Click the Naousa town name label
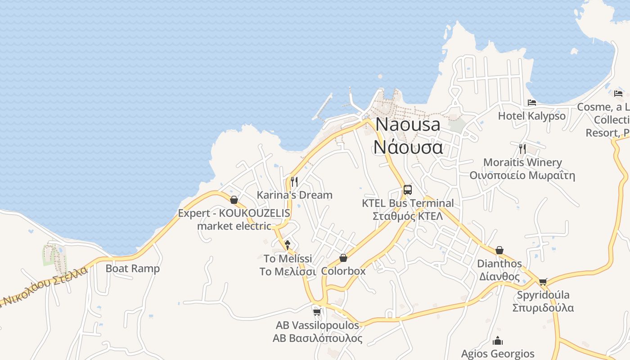(408, 125)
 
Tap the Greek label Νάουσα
(408, 147)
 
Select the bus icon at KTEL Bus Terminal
(408, 190)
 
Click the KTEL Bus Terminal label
(408, 203)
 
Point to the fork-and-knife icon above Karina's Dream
(294, 181)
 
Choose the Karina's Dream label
(294, 195)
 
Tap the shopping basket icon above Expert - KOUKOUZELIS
(234, 200)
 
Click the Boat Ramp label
(132, 269)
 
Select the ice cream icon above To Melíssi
(288, 245)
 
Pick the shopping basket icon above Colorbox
(343, 258)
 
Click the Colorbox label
(343, 271)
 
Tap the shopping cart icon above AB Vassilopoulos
(317, 312)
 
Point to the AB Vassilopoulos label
(317, 325)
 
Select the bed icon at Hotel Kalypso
(532, 103)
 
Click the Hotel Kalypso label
(532, 116)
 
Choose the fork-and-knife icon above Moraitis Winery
(522, 148)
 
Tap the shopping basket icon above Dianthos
(499, 250)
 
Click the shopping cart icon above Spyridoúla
(543, 282)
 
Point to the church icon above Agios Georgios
(498, 341)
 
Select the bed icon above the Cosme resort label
(618, 94)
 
